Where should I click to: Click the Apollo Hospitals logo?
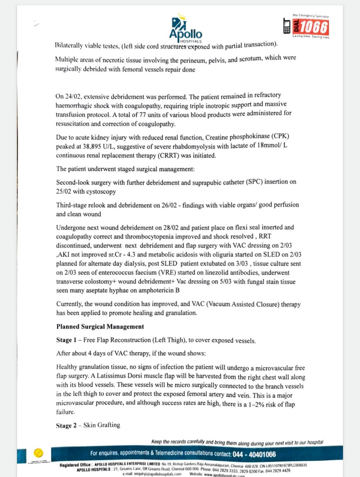tap(185, 29)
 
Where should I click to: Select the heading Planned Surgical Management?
tap(100, 327)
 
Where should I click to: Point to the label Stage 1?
tap(66, 340)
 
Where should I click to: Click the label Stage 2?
tap(66, 425)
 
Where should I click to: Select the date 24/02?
tap(73, 97)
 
